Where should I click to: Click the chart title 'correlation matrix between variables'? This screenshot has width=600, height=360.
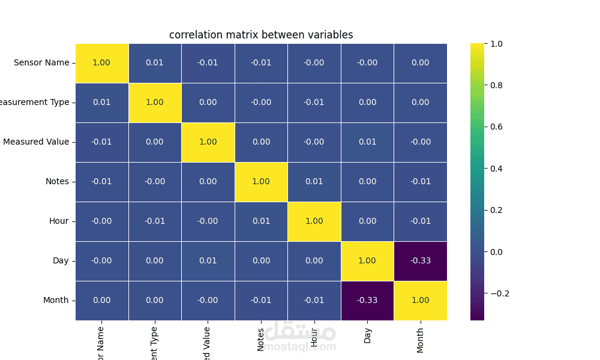tap(261, 35)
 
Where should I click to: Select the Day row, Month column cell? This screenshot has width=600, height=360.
tap(420, 261)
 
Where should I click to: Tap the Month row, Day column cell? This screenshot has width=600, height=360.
tap(367, 301)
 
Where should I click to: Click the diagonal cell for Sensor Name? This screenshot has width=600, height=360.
tap(101, 63)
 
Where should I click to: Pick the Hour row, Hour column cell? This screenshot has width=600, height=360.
tap(314, 221)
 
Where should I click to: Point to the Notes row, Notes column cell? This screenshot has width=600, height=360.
tap(261, 182)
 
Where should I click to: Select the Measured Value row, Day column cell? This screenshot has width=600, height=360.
tap(367, 142)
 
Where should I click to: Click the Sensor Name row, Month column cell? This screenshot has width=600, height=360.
tap(420, 63)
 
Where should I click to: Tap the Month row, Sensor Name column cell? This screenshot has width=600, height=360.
tap(101, 301)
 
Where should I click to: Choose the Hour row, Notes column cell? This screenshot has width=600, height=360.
tap(261, 221)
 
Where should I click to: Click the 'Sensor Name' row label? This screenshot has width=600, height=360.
tap(41, 63)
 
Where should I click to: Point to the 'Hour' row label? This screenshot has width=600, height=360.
tap(59, 221)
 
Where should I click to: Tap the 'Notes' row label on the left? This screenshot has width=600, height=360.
tap(57, 182)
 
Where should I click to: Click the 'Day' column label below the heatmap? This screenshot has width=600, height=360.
tap(367, 335)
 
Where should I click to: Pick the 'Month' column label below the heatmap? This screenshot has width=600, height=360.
tap(420, 340)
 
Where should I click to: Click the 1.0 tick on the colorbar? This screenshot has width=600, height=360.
tap(497, 44)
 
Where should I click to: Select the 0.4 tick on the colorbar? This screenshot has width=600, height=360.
tap(497, 169)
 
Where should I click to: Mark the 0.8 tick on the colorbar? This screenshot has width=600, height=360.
tap(497, 85)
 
